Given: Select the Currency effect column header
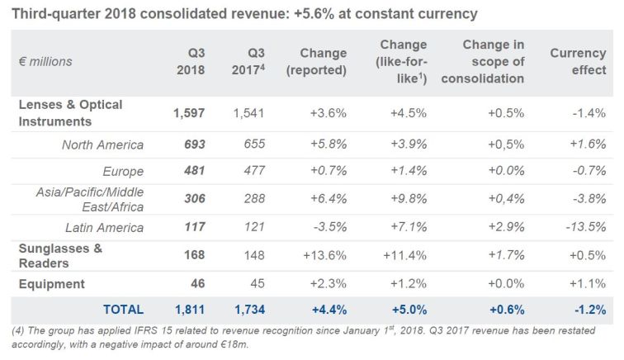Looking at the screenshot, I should [578, 61].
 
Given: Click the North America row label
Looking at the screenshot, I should [102, 144].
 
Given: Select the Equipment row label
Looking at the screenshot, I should [51, 284].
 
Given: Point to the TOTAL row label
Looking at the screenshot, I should [122, 310].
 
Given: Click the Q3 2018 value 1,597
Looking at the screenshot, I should [188, 113].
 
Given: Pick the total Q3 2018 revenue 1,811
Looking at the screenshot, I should [188, 310].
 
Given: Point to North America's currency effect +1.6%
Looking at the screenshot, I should [587, 144].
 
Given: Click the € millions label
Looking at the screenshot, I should [45, 61].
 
